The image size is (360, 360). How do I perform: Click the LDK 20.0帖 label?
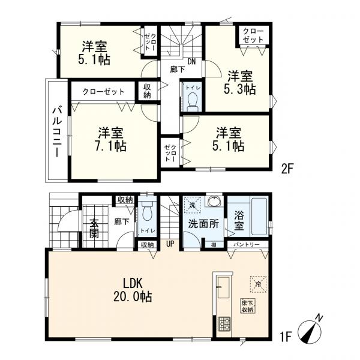pos(133,290)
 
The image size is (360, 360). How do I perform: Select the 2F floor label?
pos(287,169)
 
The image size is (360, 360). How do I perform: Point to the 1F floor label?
pos(286,337)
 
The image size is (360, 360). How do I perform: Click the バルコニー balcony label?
pos(57,131)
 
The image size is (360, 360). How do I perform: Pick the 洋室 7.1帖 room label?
pos(110,139)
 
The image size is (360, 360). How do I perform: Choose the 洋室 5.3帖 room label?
pos(240,83)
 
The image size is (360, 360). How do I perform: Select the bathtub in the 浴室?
pos(259,217)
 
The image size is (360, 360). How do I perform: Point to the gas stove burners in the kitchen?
pos(224,324)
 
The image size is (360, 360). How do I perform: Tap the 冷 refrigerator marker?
pos(258,284)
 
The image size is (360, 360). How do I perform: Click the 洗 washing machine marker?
pos(192,205)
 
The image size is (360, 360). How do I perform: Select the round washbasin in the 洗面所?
pos(214,202)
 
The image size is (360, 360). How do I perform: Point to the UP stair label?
pos(170,244)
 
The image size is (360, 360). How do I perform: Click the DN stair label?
pos(192,61)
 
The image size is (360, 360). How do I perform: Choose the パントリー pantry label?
pos(247,244)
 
